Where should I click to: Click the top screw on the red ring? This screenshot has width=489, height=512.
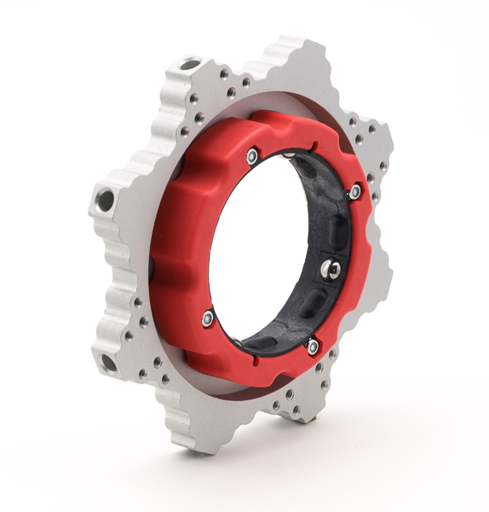pos(252,155)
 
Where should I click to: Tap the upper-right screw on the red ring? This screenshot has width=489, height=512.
pos(354,194)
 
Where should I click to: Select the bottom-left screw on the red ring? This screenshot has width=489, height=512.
pos(208,318)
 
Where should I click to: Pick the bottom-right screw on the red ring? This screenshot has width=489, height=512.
pos(313,346)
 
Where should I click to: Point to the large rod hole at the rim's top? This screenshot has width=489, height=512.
pos(190,64)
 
